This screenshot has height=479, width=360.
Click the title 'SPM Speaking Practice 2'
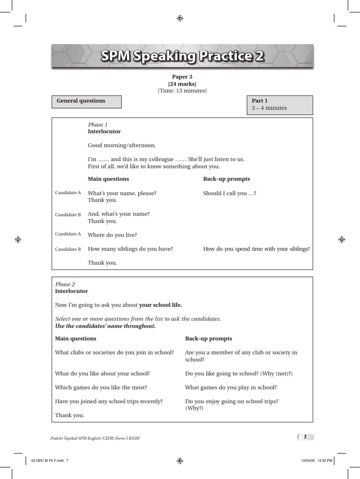182,57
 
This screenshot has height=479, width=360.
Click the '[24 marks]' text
182,84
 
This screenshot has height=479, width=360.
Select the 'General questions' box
87,101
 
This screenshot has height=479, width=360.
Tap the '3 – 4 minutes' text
269,108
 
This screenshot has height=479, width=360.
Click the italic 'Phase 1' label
97,125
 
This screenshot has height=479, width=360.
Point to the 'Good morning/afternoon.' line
122,145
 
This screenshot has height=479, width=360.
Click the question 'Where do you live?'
112,235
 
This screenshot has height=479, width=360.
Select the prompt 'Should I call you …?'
230,193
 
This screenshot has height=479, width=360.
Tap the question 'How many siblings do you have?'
130,249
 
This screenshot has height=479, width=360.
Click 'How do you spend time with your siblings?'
256,249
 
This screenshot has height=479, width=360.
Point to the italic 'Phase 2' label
65,284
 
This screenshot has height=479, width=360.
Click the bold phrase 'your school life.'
160,305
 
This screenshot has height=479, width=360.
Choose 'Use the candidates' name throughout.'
105,326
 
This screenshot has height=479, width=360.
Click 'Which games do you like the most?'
101,387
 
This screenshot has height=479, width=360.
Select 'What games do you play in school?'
231,387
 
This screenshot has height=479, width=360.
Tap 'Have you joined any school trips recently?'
109,401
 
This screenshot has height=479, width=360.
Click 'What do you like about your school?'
103,374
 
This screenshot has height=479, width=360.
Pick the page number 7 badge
305,437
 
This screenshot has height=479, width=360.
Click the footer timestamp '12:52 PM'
325,461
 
